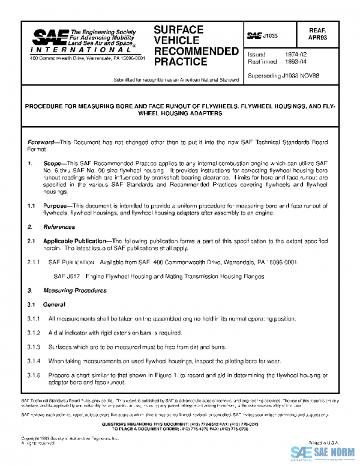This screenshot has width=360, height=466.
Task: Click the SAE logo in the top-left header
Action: tap(50, 38)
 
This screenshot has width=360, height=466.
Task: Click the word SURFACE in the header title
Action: tap(179, 29)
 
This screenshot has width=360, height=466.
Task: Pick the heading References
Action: tap(59, 228)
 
